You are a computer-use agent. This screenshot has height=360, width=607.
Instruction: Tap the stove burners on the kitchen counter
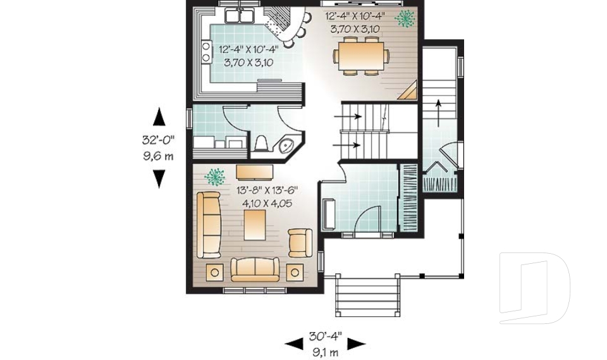click(206, 52)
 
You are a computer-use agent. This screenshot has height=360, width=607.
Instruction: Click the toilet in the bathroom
click(260, 144)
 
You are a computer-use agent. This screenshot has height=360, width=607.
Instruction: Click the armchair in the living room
click(299, 242)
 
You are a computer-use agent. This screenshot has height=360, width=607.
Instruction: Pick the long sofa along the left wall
click(209, 225)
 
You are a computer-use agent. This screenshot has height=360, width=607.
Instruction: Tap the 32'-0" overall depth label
click(158, 140)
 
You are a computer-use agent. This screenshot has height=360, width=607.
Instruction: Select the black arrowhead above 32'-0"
click(159, 117)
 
